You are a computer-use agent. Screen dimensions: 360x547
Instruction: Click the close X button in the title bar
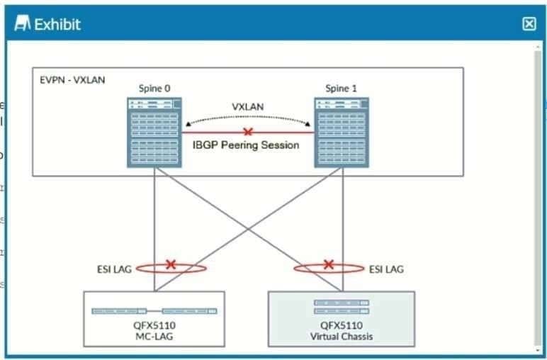(x=529, y=24)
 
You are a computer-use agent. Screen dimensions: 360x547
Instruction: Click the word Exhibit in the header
(x=57, y=24)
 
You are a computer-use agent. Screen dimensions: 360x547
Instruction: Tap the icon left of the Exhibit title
(x=23, y=24)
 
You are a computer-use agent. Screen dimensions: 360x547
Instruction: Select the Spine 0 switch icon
(x=154, y=133)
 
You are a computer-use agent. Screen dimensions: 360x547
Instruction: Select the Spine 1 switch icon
(x=342, y=133)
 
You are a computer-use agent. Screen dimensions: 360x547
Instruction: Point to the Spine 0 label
(x=154, y=89)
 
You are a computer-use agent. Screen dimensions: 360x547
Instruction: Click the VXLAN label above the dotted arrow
(x=247, y=107)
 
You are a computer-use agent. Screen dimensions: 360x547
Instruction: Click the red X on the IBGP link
(x=247, y=132)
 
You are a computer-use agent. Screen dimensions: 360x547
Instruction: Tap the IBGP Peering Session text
(x=246, y=145)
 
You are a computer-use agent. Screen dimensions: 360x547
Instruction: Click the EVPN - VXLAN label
(x=72, y=80)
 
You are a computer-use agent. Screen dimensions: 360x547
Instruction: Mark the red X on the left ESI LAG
(x=171, y=264)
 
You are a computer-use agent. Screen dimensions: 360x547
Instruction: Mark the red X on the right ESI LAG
(x=328, y=264)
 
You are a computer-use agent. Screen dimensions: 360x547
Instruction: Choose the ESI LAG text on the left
(x=114, y=269)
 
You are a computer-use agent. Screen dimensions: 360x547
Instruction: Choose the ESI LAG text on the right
(x=386, y=269)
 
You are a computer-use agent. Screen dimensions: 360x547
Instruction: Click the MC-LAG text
(x=154, y=337)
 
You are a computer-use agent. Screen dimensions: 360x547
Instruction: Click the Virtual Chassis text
(x=342, y=337)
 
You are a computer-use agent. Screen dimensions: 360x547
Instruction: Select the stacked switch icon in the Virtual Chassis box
(x=342, y=307)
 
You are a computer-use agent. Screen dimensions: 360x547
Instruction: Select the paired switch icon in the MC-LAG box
(x=154, y=310)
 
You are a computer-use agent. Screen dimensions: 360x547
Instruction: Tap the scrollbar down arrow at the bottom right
(x=538, y=349)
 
